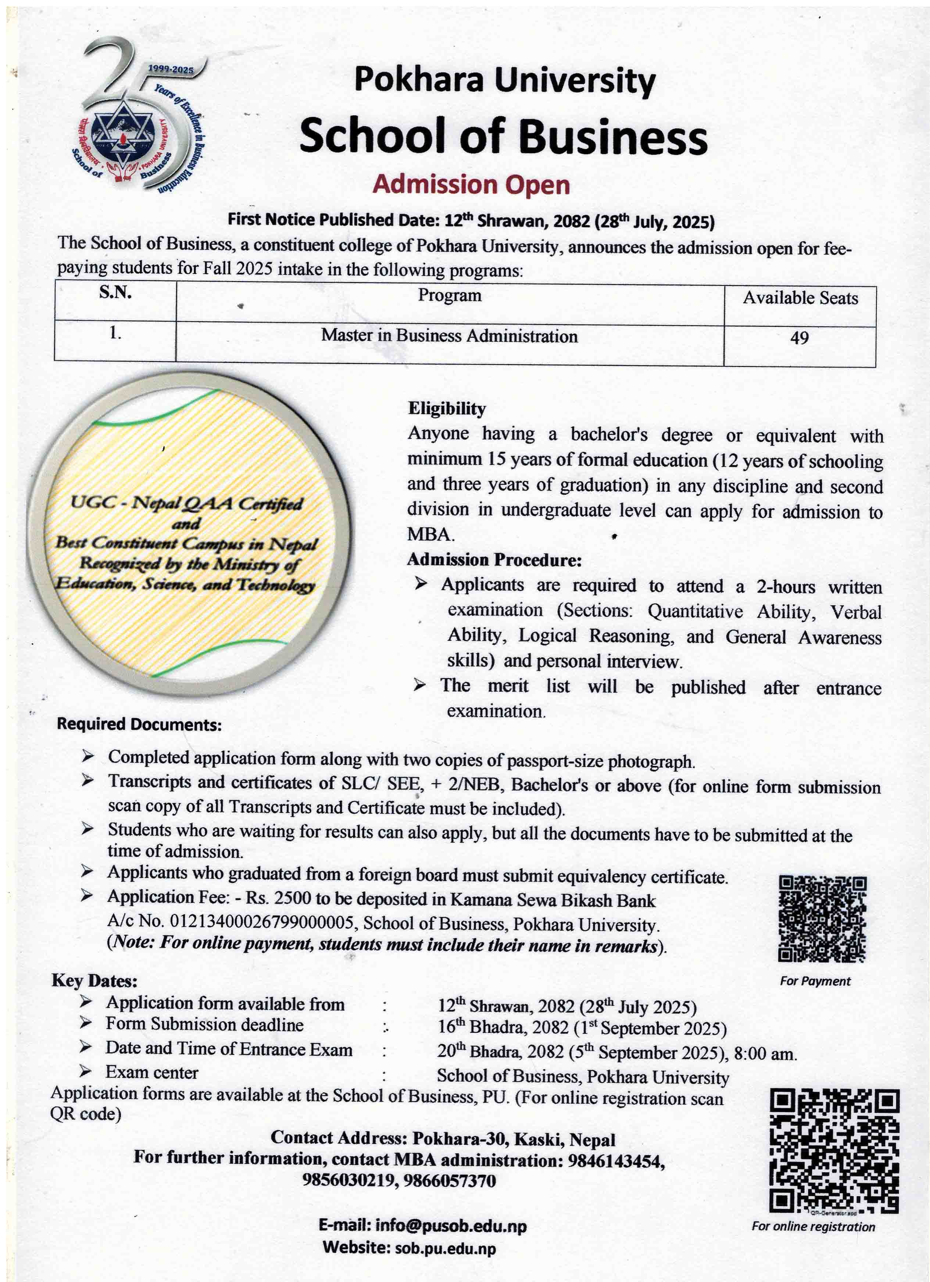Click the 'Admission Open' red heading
[x=471, y=185]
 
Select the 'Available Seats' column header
[x=800, y=298]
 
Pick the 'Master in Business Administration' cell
[x=450, y=336]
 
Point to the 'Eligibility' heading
[x=447, y=409]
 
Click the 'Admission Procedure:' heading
[x=494, y=560]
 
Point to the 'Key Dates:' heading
[x=94, y=981]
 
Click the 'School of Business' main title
[x=503, y=137]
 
